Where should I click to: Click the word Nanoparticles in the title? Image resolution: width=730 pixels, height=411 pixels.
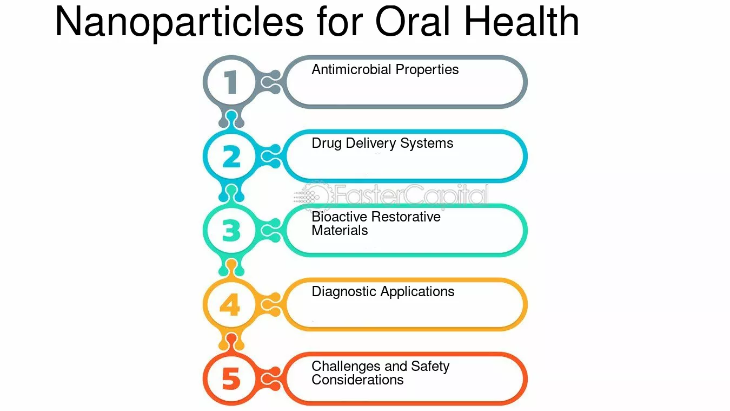point(179,23)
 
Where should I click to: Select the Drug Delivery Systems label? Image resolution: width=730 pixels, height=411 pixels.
point(382,144)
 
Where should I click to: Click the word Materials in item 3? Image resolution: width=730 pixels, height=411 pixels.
point(340,231)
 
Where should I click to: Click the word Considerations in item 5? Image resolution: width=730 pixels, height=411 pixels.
point(357,380)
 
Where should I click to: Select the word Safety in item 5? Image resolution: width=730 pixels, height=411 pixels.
point(430,367)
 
